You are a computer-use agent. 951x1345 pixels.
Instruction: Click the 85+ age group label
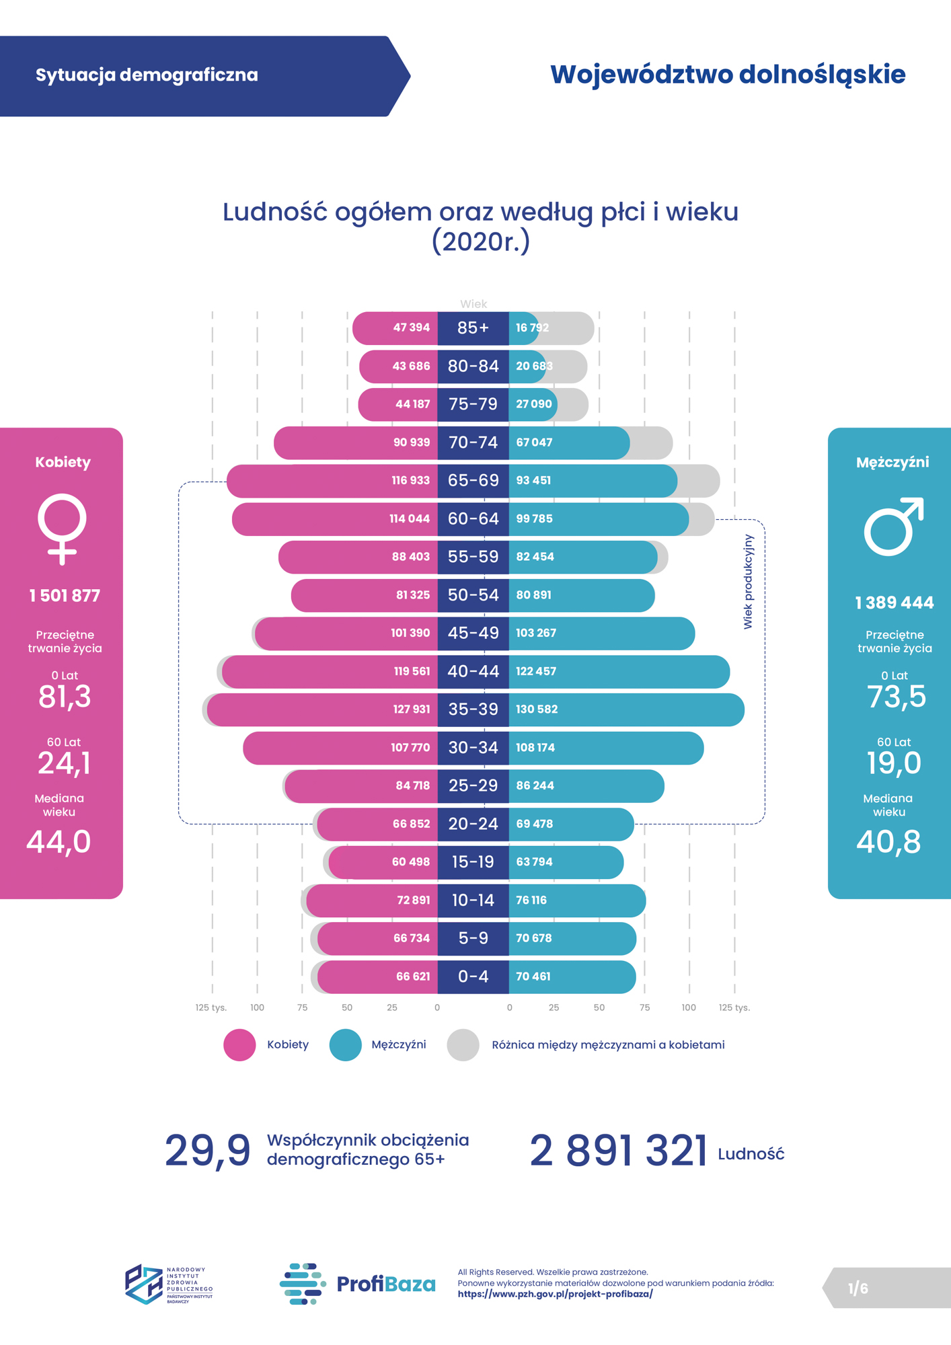click(x=473, y=328)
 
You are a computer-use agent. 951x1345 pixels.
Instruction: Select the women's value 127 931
click(x=411, y=709)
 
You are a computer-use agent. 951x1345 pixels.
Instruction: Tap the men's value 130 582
click(x=536, y=709)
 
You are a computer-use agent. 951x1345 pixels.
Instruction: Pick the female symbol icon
click(x=62, y=529)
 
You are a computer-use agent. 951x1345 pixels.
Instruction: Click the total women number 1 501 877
click(x=65, y=596)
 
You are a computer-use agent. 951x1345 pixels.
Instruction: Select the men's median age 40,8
click(x=888, y=842)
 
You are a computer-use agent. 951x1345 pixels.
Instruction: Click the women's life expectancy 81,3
click(x=65, y=697)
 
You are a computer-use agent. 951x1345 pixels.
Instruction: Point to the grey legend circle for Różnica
click(x=463, y=1045)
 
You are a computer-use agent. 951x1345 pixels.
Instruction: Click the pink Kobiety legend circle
click(x=239, y=1045)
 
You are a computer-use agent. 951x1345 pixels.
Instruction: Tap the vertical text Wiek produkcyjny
click(x=748, y=582)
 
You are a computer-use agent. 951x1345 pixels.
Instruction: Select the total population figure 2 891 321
click(x=618, y=1151)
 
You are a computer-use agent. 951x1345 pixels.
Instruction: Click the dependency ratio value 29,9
click(x=207, y=1151)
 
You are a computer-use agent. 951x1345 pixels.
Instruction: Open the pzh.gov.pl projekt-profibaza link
click(x=555, y=1294)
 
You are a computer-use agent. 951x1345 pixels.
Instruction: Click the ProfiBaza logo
click(x=358, y=1284)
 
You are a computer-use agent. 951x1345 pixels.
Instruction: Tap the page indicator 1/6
click(x=858, y=1289)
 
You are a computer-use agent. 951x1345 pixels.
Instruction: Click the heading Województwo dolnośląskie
click(x=728, y=75)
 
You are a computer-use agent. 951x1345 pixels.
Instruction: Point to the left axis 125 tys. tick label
click(x=211, y=1007)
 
